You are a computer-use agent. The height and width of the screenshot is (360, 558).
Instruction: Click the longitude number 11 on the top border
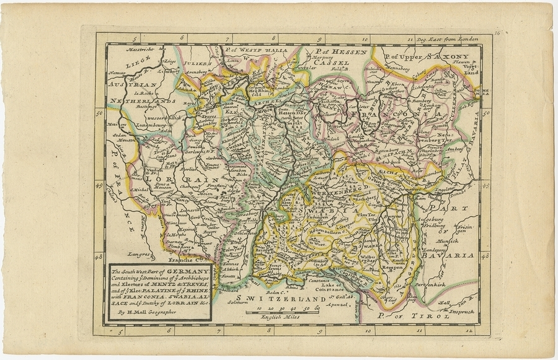tap(410, 39)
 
